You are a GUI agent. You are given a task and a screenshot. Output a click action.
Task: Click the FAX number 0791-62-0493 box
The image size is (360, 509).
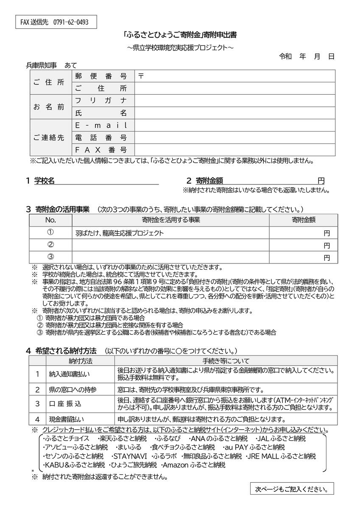click(x=55, y=22)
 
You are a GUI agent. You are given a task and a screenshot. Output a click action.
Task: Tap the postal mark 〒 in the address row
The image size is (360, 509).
click(x=141, y=76)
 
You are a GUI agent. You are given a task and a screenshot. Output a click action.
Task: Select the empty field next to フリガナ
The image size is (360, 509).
click(x=234, y=101)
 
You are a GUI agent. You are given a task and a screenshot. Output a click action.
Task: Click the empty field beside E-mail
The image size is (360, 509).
click(x=234, y=125)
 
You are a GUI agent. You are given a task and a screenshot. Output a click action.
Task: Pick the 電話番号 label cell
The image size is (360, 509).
click(x=101, y=137)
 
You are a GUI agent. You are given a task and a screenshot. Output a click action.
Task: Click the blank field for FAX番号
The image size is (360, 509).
click(x=234, y=150)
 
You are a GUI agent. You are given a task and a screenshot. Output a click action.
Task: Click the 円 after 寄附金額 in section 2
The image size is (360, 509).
click(x=321, y=181)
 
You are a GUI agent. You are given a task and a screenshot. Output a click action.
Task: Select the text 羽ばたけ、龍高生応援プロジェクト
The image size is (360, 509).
click(x=119, y=233)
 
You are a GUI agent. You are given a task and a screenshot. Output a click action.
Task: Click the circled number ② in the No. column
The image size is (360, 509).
click(x=50, y=245)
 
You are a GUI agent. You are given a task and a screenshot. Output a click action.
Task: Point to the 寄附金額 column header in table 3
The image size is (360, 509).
click(x=303, y=220)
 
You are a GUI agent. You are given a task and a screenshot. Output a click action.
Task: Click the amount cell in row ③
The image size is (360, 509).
click(x=303, y=257)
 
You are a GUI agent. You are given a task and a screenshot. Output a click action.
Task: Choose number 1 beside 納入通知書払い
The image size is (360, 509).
click(x=37, y=374)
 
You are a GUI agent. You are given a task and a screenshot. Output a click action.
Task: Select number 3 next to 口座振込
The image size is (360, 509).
click(x=37, y=404)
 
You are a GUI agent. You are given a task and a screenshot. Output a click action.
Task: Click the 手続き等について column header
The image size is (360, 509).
click(x=226, y=361)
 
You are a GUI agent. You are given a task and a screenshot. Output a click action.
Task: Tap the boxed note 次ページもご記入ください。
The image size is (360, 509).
click(x=291, y=489)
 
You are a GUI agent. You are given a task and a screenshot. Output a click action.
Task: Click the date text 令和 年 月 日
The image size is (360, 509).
click(x=307, y=56)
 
